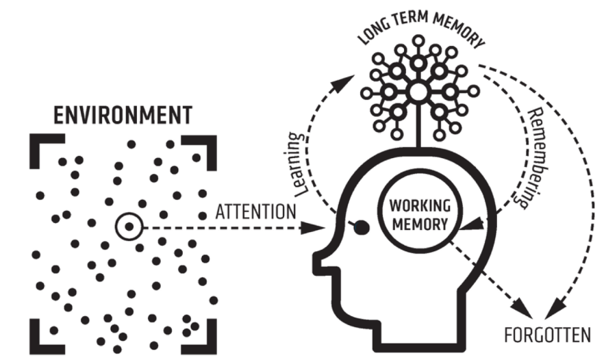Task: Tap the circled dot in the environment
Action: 128,226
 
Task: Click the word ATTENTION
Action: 255,211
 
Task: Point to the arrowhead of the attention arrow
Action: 317,226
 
